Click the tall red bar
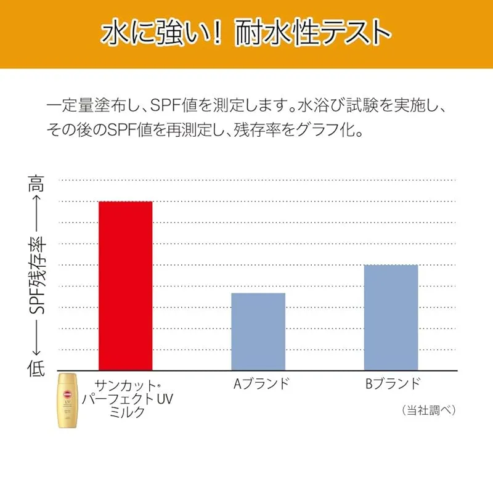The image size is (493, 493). coord(126,285)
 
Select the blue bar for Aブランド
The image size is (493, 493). coord(258,332)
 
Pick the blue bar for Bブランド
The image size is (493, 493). coord(391,317)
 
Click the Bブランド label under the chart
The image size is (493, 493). coord(393,383)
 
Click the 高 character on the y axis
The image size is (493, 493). coord(36,183)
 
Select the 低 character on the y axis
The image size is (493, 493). coord(36,368)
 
